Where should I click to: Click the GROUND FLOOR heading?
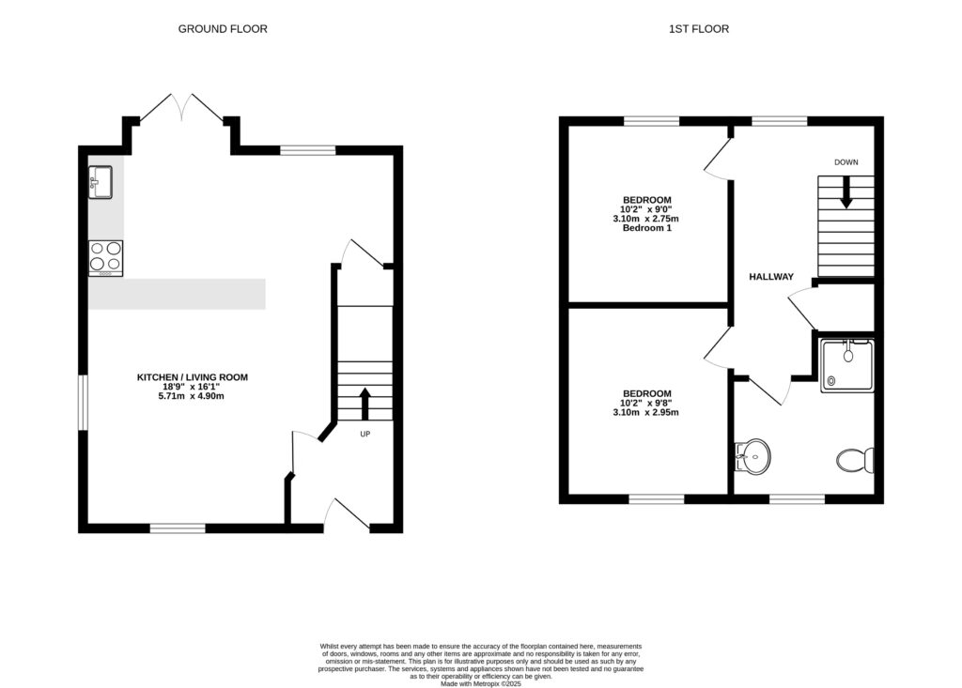223,29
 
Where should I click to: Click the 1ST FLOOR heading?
698,29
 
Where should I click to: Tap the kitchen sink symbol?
101,182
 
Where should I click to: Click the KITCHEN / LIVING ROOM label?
193,377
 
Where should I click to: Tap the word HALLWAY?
771,277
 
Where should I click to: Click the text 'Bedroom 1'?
646,228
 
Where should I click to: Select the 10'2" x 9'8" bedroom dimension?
646,403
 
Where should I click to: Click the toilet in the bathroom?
855,460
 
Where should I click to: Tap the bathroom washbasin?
753,457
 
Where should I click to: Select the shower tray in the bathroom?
846,365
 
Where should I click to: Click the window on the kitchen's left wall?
83,403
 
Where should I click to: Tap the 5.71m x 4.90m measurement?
193,396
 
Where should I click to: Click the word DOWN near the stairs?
846,162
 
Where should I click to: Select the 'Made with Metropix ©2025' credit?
480,682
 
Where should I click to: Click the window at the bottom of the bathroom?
797,498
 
